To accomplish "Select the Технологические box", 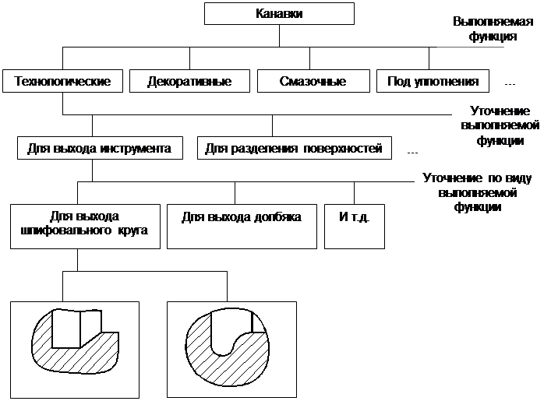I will [x=62, y=81].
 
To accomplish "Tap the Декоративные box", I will [x=189, y=81].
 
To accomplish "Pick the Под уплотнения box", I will [x=433, y=81].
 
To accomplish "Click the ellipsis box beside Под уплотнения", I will [x=510, y=82].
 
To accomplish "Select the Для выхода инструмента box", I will [x=99, y=146].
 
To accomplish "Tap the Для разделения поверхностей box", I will [x=293, y=148].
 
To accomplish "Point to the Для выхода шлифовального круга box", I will [x=87, y=226].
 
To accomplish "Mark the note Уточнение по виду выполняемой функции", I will [x=479, y=192].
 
